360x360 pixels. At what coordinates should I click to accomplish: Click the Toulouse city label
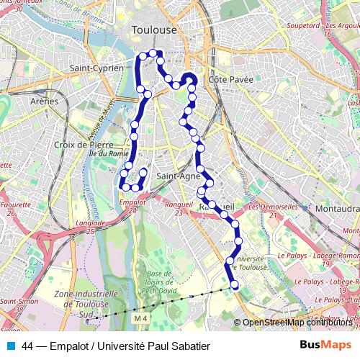(x=154, y=30)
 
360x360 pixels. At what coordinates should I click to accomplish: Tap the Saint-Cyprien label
(x=96, y=68)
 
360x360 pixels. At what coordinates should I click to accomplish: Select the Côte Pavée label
(x=230, y=79)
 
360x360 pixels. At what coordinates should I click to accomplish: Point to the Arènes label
(x=44, y=102)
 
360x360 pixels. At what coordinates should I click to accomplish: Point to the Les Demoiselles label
(x=273, y=207)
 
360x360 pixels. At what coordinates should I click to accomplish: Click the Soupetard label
(x=303, y=25)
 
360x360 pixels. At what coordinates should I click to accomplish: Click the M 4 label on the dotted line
(x=140, y=318)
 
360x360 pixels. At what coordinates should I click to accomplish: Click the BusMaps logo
(x=324, y=345)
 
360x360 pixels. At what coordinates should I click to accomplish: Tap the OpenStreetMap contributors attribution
(x=300, y=322)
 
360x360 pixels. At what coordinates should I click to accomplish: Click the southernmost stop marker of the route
(x=234, y=285)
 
